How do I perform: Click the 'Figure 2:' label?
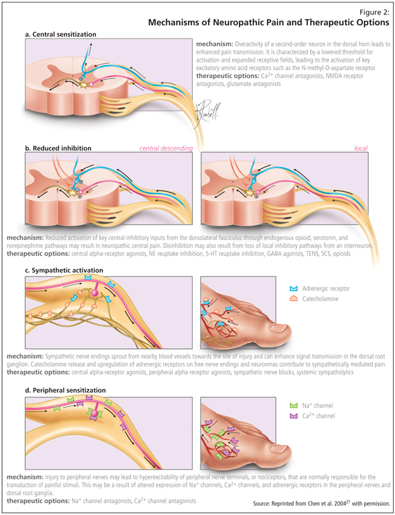pyautogui.click(x=373, y=11)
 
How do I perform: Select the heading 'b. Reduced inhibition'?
pyautogui.click(x=58, y=149)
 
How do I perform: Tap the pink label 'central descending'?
pyautogui.click(x=166, y=149)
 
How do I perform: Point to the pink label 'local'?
pyautogui.click(x=361, y=149)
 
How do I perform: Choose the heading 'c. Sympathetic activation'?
pyautogui.click(x=64, y=271)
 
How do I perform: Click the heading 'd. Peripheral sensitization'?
pyautogui.click(x=65, y=391)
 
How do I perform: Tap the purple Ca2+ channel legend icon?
pyautogui.click(x=293, y=417)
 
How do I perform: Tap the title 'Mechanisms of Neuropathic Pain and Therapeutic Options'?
pyautogui.click(x=269, y=23)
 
